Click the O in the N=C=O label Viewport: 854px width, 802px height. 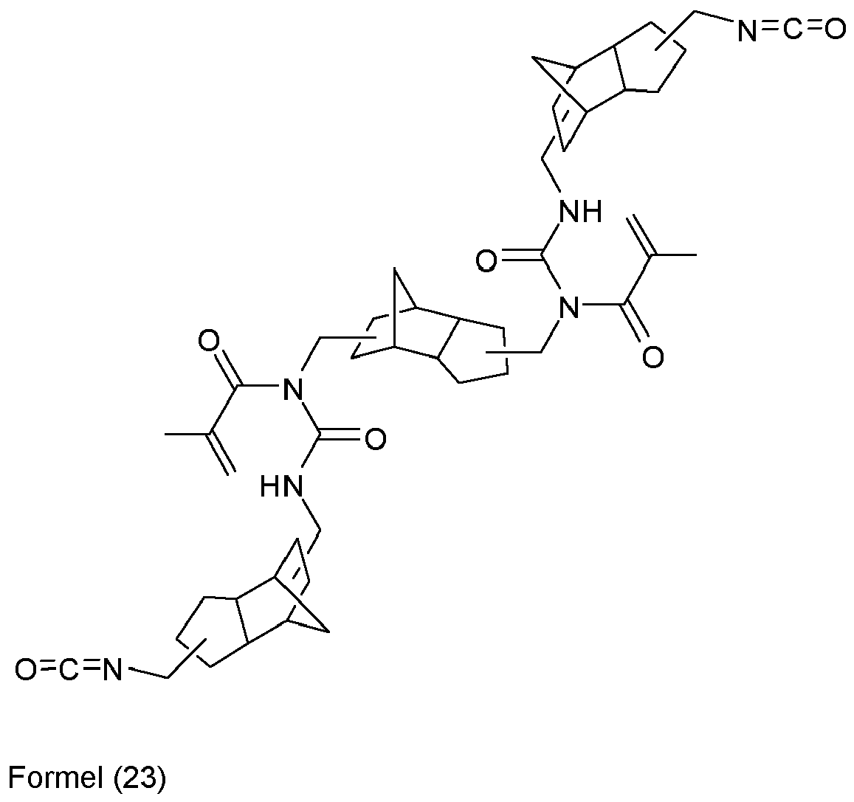click(834, 30)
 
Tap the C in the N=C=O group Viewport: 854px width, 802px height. click(790, 30)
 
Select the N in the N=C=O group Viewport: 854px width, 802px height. click(747, 30)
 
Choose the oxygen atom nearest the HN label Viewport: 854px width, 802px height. click(375, 440)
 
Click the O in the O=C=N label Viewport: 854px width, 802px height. click(25, 671)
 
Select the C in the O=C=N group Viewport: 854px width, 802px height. click(69, 671)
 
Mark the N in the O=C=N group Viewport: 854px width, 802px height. click(111, 671)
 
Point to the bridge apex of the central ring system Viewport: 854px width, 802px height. click(396, 271)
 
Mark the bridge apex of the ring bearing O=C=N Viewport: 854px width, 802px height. click(327, 632)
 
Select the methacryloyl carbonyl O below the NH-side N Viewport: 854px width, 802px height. click(652, 359)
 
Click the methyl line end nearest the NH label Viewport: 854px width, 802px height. click(696, 256)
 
